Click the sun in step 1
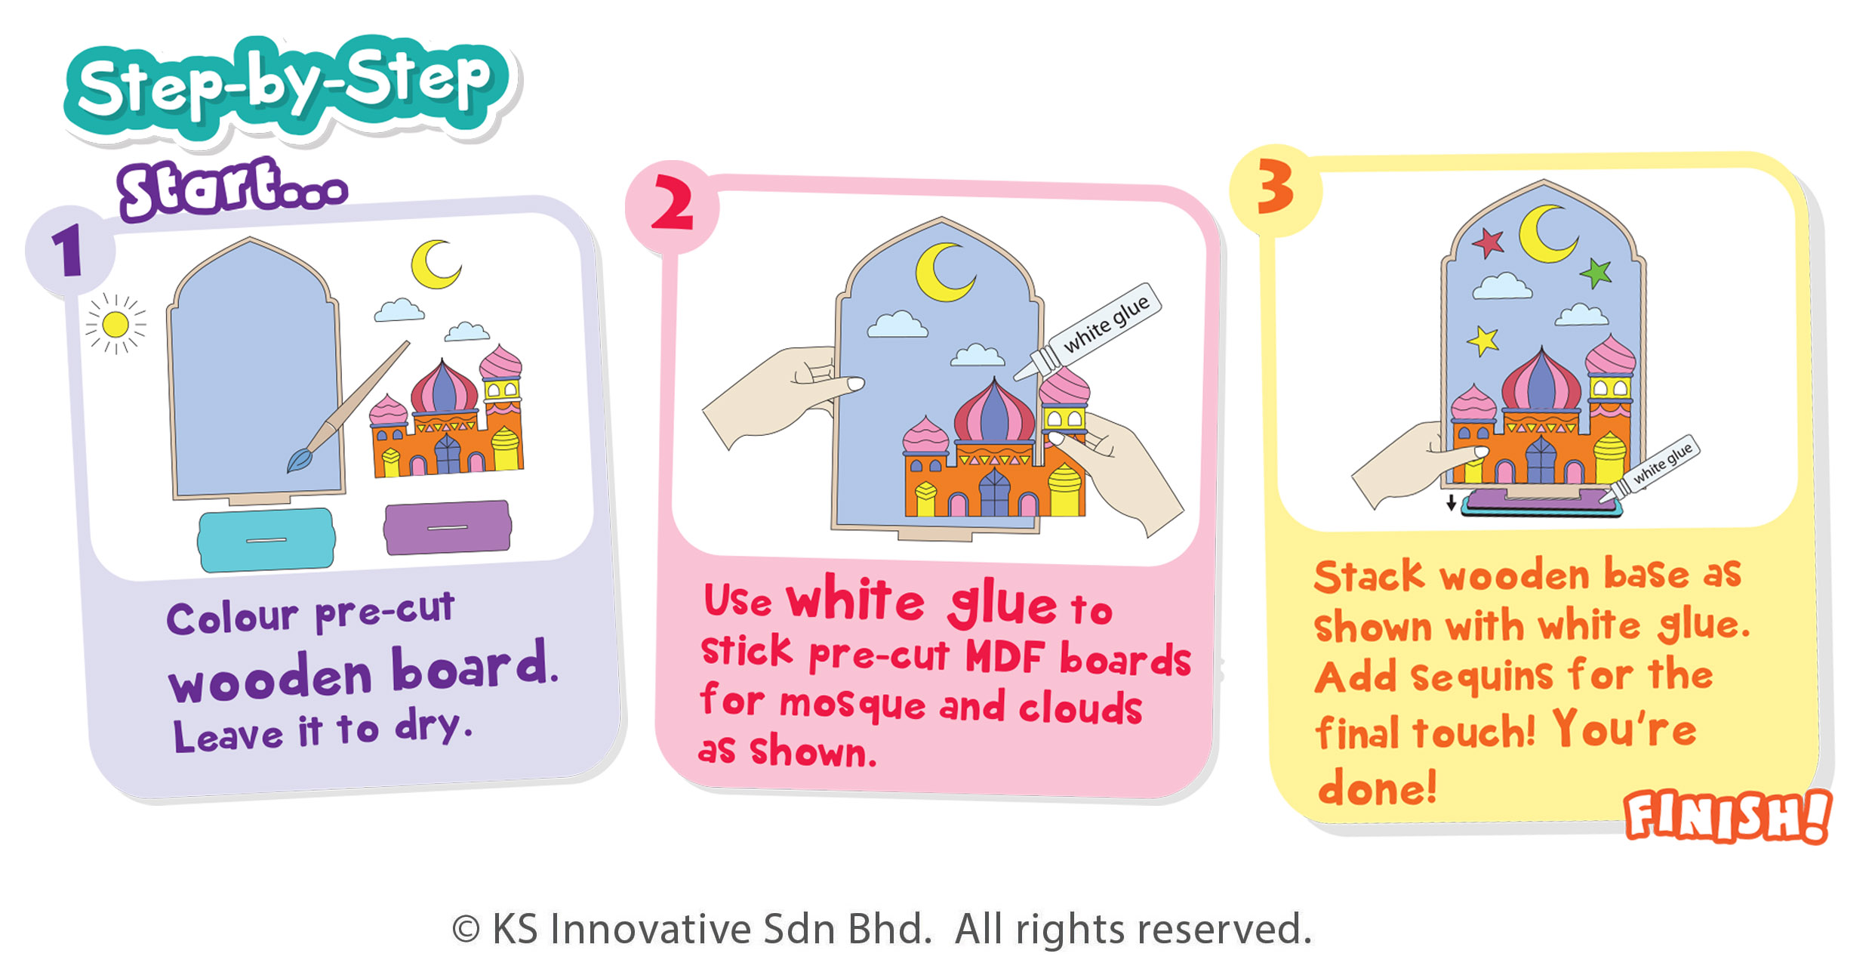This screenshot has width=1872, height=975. coord(115,325)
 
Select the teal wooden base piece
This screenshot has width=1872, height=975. coord(266,539)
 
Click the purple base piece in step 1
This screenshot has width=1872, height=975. coord(447,527)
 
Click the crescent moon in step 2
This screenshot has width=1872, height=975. coord(939,272)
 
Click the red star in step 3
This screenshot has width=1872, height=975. coord(1487,243)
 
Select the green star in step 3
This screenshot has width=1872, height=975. coord(1596,273)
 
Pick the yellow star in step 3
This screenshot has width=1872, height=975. coord(1484,341)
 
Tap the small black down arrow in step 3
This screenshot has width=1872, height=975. coord(1451,503)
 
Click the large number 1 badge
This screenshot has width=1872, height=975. coord(69,250)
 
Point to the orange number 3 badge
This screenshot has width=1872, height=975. coord(1276,189)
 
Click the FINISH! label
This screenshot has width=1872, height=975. coord(1727,816)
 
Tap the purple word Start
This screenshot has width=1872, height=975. coord(232,189)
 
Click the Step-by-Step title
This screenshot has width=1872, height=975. coord(287,87)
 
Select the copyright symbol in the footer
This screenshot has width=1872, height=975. coord(466,930)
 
